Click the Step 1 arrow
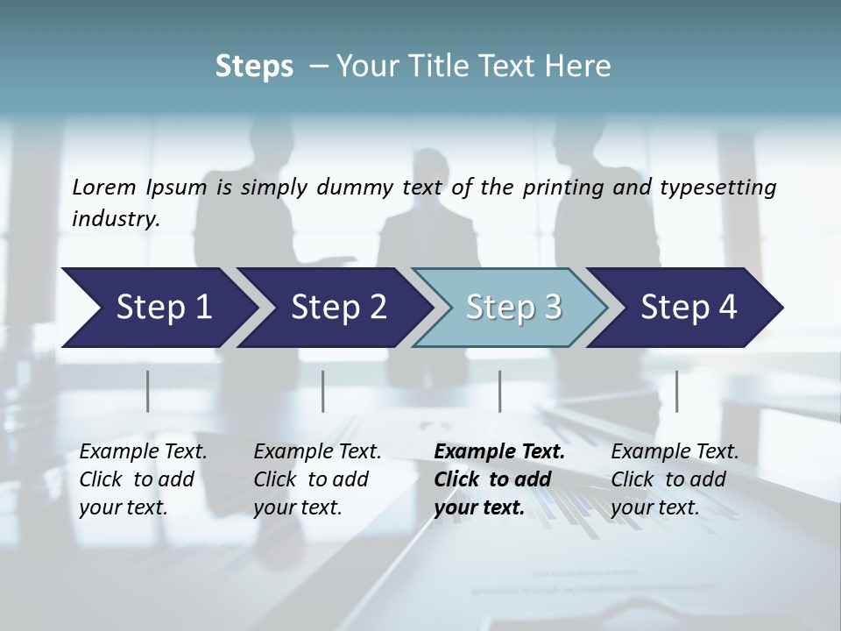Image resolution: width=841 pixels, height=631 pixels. pos(158,307)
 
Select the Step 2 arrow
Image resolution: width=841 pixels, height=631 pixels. pos(336,307)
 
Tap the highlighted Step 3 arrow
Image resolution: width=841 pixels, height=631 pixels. pos(511,307)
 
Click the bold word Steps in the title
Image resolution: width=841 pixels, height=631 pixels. pos(254,67)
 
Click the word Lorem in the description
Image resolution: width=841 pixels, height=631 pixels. pos(104,187)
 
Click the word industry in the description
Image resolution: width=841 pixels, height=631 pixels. pos(115,218)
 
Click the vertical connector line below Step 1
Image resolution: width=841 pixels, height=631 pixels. pos(148,391)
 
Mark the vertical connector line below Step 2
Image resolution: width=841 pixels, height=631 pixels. pos(323,391)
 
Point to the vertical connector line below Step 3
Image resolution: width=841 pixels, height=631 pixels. pos(500,391)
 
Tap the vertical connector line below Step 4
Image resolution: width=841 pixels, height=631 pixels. pos(676,391)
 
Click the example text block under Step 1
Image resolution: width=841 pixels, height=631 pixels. pos(143,479)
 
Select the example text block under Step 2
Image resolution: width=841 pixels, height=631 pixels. pos(317,479)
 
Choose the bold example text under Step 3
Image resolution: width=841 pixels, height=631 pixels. pos(499,479)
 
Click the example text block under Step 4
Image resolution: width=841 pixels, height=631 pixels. pos(675,479)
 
